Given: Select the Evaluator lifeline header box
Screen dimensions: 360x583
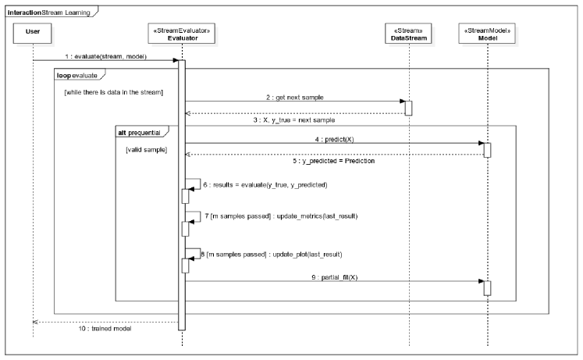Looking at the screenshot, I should [x=181, y=34].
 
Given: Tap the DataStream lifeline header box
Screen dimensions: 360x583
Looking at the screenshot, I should [x=405, y=34].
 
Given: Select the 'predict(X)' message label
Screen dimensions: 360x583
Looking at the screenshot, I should [x=334, y=138].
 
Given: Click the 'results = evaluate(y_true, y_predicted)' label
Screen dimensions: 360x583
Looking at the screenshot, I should [x=265, y=185].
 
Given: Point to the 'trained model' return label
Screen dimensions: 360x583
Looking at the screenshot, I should [x=105, y=329].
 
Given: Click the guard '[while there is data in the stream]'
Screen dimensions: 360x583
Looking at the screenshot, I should [x=114, y=94].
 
